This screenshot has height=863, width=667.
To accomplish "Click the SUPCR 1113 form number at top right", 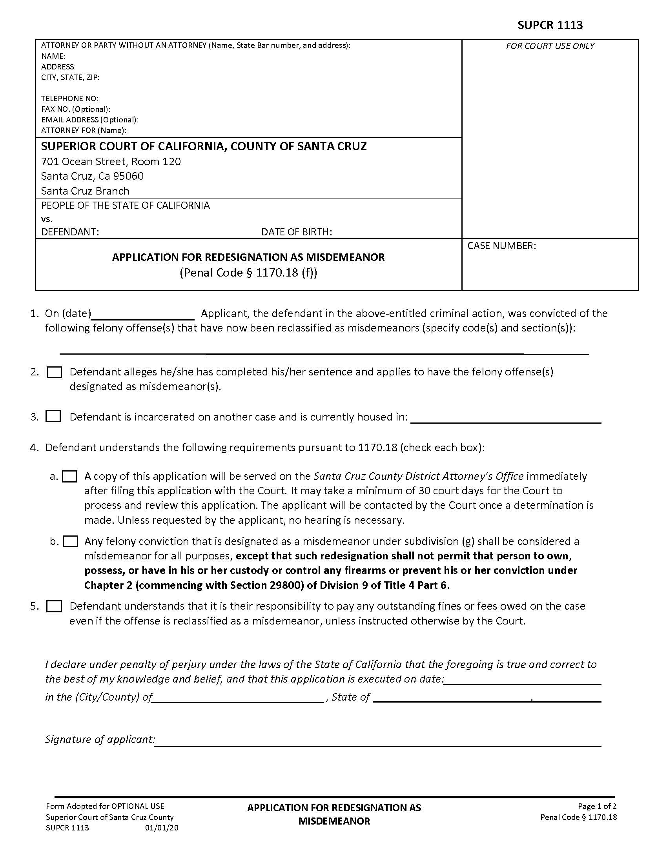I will (x=550, y=25).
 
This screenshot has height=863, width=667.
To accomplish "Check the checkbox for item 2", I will (x=54, y=372).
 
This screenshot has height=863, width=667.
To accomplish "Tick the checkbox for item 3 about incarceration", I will (x=53, y=417).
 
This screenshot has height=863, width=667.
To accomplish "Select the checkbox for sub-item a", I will (x=70, y=477).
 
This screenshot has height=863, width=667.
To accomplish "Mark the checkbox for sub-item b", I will (x=70, y=541).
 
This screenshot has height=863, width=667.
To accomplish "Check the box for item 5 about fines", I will (x=54, y=606).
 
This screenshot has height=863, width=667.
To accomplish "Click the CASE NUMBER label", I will (x=501, y=246).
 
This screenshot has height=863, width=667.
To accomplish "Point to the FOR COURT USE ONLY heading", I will (x=550, y=46).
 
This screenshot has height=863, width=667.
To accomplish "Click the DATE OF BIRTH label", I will (x=296, y=232).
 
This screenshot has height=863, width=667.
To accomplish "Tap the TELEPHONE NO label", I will (x=69, y=98).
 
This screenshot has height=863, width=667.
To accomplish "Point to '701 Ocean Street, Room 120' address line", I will (x=111, y=162).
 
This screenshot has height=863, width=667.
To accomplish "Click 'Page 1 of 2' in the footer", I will (x=597, y=806).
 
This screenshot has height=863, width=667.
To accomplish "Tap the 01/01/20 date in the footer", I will (x=162, y=828).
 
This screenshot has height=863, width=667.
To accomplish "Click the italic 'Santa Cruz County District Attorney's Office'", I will (x=419, y=476).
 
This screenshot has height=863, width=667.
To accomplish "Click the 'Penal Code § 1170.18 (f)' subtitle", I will (x=248, y=273).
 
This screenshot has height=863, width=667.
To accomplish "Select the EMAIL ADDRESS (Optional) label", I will (x=90, y=120).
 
